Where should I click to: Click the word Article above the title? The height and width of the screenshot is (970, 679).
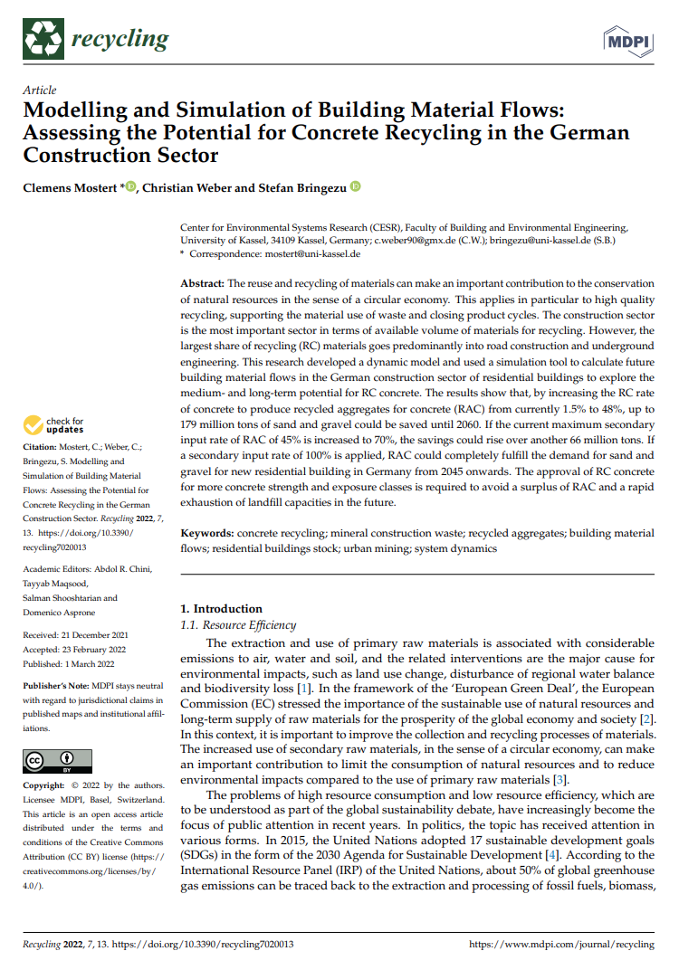[x=39, y=90]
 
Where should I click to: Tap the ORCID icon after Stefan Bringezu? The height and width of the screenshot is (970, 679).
[x=355, y=187]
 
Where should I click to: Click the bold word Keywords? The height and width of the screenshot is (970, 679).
[x=206, y=534]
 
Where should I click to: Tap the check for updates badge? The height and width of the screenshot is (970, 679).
[x=54, y=425]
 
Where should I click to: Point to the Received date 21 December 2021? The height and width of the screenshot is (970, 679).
[x=76, y=635]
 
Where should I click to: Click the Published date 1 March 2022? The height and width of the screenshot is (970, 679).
[x=75, y=662]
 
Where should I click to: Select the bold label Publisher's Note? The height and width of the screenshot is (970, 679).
[x=59, y=687]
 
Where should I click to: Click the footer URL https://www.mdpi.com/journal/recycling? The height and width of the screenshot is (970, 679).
[x=561, y=945]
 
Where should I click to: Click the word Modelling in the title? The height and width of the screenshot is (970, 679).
[x=74, y=113]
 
